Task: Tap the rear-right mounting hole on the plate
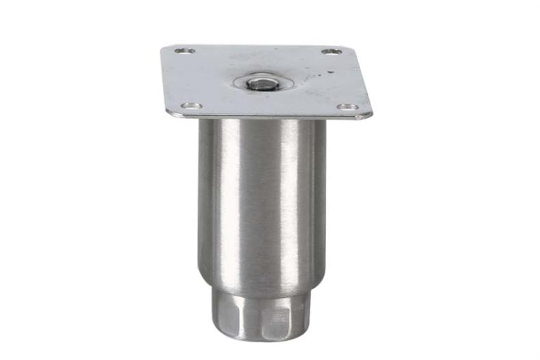click(331, 52)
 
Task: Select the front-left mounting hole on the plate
click(191, 106)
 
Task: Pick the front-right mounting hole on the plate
click(347, 107)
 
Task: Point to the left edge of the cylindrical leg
click(200, 198)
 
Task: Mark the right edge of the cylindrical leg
click(325, 198)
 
